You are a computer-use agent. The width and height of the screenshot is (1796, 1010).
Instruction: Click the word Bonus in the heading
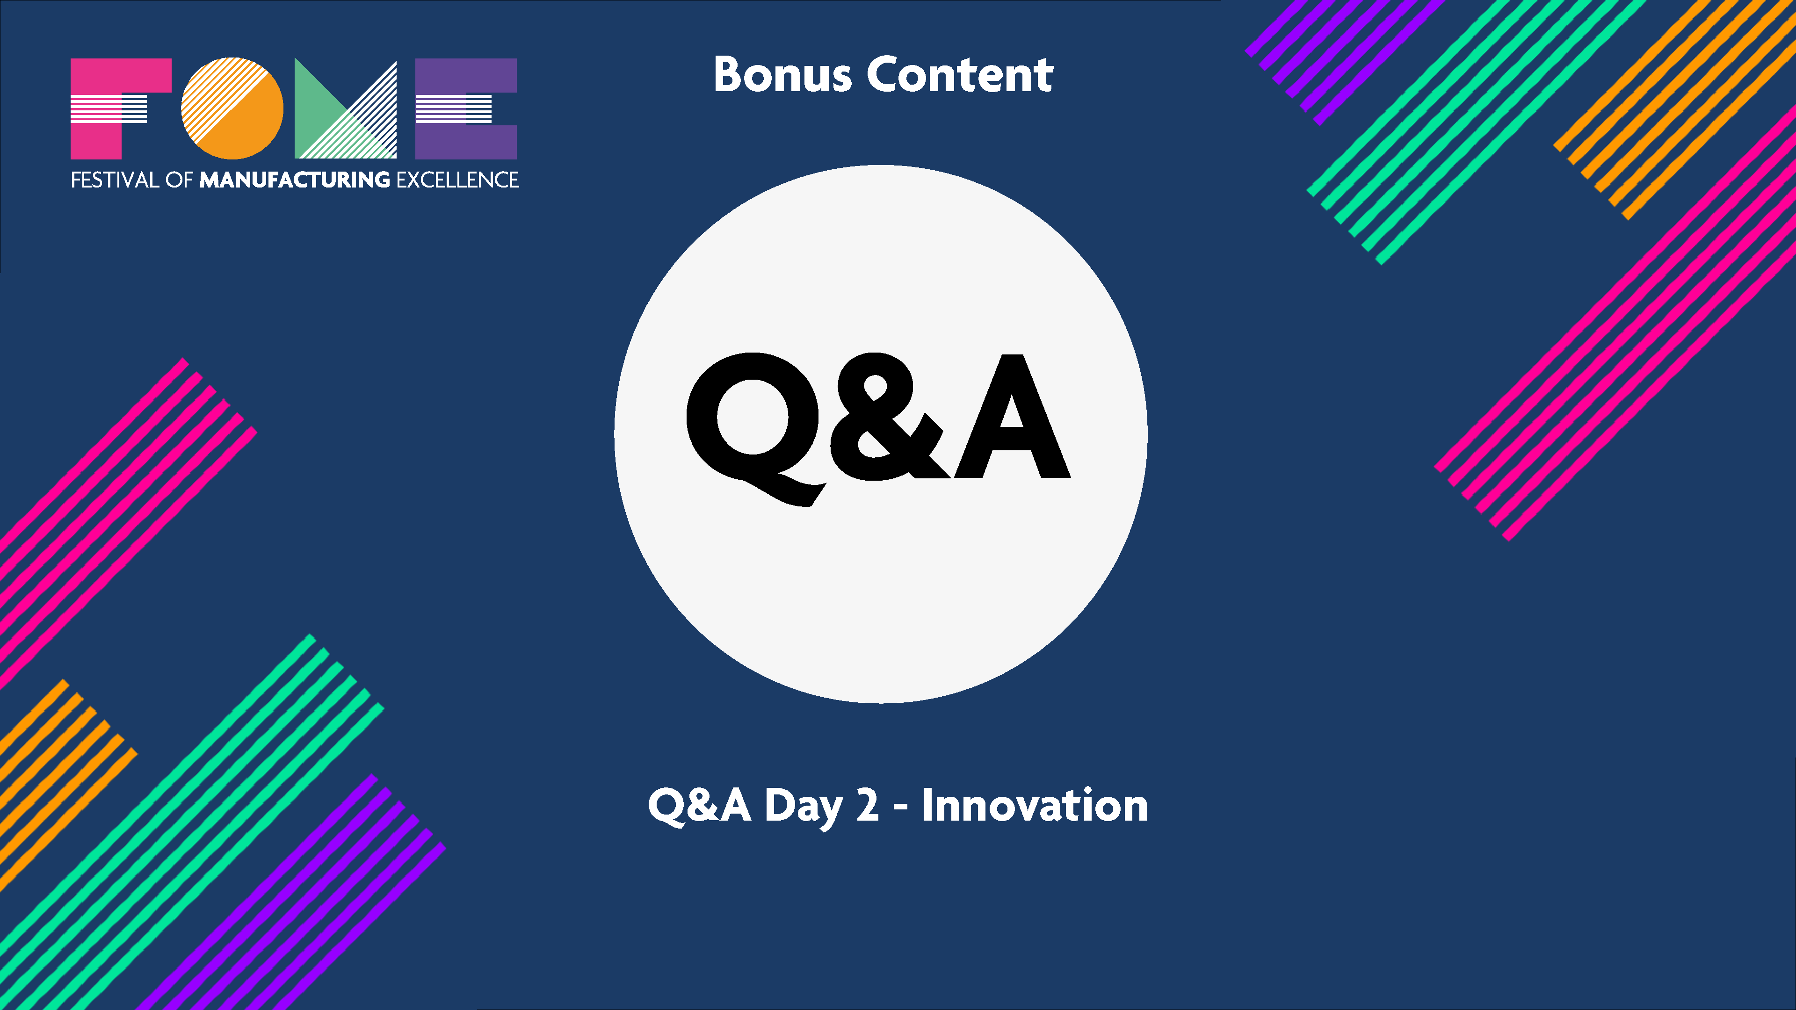782,75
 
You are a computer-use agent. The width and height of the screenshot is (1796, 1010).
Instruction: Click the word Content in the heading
960,75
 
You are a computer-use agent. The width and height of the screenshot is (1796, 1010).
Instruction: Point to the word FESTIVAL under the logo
115,180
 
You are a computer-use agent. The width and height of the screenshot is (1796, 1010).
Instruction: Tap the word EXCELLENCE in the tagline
457,180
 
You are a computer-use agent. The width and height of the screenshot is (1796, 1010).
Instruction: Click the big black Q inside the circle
753,422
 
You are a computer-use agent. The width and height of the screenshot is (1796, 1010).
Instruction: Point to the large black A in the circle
1012,422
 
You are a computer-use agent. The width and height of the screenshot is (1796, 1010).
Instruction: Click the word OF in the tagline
179,180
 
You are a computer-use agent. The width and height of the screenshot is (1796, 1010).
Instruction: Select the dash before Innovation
900,808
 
